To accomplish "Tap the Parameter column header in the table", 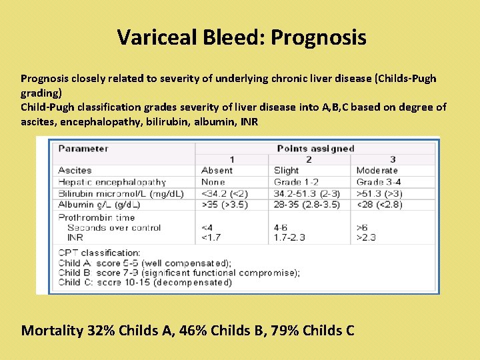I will tap(83, 148).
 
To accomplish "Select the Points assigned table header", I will tap(315, 148).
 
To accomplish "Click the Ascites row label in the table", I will tap(75, 171).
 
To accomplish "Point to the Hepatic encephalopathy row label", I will tap(112, 182).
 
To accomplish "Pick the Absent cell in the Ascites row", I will tap(217, 171).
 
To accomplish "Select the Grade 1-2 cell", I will tap(296, 182).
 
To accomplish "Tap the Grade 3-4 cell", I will tap(379, 182).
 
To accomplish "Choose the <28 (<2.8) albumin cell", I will tap(379, 205).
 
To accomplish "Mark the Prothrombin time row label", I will tap(97, 217).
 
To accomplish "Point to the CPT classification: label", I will tap(99, 253).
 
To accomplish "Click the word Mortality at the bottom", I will tap(52, 330).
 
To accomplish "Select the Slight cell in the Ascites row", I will tap(287, 171).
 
